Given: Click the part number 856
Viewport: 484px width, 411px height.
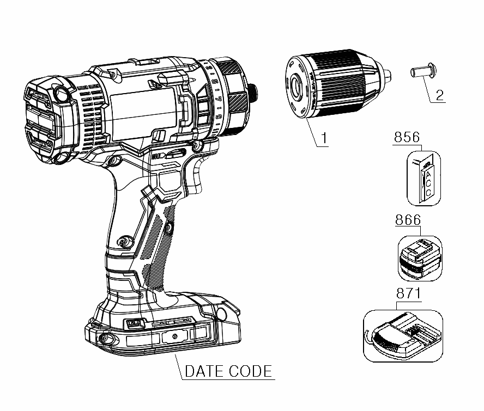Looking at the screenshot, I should coord(406,137).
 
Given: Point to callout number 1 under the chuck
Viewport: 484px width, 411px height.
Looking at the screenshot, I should coord(324,138).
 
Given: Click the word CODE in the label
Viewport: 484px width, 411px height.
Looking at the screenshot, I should coord(250,372).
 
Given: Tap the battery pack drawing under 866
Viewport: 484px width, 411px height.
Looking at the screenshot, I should coord(418,259).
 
